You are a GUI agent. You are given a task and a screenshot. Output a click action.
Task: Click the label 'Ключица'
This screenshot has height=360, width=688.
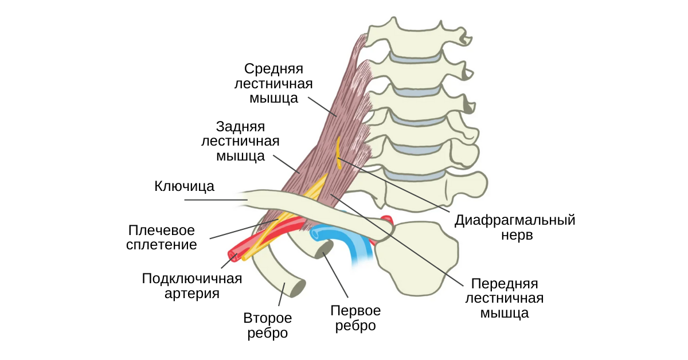point(184,186)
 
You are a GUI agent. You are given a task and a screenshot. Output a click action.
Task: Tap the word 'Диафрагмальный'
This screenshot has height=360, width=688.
point(515,221)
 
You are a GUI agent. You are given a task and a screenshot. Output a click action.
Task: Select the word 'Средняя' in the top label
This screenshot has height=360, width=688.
point(273,69)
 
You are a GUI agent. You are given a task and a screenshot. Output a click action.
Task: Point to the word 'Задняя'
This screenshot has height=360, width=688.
point(240,127)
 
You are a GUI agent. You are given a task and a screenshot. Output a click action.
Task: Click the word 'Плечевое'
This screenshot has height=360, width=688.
point(162,230)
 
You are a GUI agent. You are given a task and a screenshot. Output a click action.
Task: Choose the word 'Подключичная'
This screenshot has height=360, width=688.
point(192,279)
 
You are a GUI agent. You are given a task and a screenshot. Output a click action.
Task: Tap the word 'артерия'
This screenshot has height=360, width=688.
point(192,294)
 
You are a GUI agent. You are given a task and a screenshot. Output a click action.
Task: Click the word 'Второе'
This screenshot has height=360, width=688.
point(268,318)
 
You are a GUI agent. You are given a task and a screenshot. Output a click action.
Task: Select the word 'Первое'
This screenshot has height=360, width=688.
point(355,311)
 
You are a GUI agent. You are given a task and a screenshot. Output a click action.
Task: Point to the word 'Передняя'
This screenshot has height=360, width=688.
point(505,284)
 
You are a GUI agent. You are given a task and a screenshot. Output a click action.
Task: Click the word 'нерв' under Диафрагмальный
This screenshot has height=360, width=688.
point(517,235)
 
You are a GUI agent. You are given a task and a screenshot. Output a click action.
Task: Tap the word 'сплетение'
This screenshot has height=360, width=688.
point(162,245)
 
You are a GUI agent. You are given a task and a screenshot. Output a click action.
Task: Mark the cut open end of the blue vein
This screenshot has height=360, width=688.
point(315,234)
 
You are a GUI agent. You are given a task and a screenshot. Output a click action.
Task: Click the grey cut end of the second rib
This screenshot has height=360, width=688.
point(298,289)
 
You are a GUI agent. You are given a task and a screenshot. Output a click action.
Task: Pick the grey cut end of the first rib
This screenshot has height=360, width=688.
point(325,249)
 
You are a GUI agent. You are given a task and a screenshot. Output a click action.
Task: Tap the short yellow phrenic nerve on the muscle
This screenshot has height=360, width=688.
point(338,153)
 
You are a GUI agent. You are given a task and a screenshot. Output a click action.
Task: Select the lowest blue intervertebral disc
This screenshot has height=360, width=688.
point(415,175)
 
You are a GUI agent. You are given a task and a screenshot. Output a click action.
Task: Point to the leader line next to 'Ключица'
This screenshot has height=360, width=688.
point(216,200)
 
